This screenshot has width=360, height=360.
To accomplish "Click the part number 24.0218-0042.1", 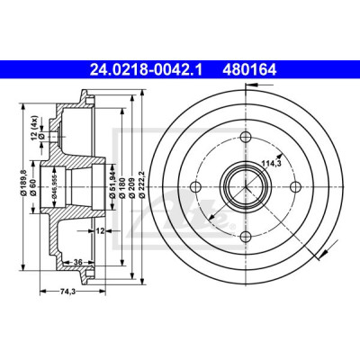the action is pos(147,70).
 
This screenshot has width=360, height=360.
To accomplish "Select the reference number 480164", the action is pos(249,70).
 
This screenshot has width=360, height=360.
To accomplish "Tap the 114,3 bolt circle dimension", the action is pos(270,164).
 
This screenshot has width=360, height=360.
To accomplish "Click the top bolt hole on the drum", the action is pos(246,137).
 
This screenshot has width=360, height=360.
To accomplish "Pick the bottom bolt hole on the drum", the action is pos(246,237).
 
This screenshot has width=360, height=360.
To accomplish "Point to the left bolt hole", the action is pos(196,186).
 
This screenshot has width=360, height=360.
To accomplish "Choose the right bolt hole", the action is pos(295,186).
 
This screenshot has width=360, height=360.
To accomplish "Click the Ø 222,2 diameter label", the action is pos(142,184).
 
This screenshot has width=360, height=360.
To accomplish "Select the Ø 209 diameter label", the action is pos(131,186).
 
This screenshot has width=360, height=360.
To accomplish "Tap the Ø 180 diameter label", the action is pos(121,186).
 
